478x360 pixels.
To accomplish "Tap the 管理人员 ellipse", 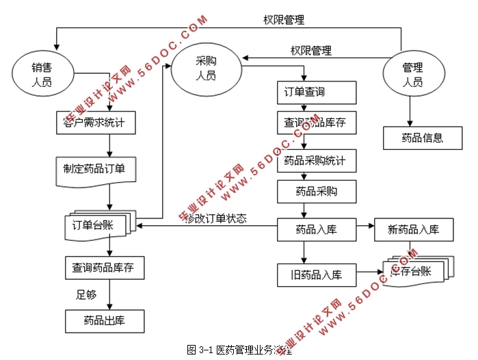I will coord(412,75).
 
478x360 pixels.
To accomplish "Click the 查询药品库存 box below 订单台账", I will coord(105,267).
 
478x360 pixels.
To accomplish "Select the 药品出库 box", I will coord(105,320).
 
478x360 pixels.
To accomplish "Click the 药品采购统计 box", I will coord(317,163).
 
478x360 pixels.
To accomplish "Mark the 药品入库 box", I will coord(317,229).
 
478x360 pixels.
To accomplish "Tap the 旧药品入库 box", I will coord(317,275).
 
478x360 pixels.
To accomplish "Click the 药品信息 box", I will coord(423,138).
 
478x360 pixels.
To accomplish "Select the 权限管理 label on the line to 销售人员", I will coord(284,19).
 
